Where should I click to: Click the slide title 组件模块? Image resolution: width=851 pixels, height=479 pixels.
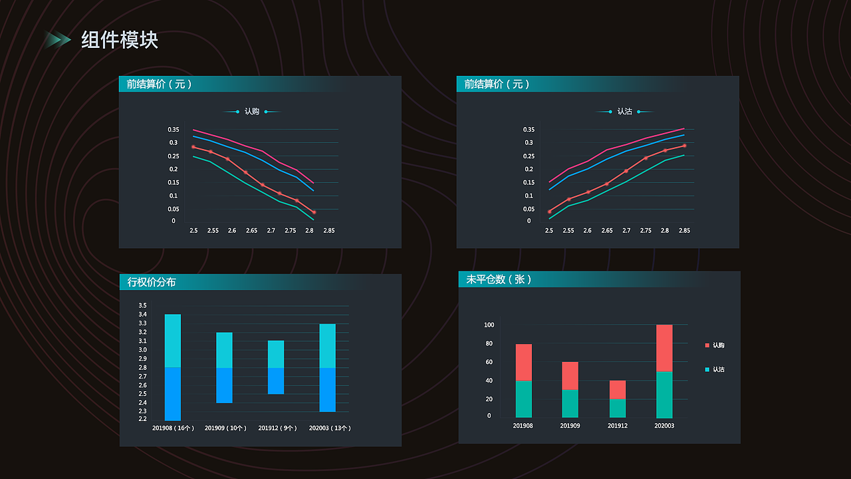pos(120,40)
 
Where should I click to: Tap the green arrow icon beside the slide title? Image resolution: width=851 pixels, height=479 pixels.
pos(58,40)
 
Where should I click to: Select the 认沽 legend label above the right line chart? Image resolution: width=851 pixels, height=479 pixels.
pos(624,112)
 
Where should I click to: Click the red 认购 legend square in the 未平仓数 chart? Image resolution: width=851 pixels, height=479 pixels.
pos(707,345)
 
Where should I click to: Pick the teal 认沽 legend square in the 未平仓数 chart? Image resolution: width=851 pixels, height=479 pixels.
pos(707,369)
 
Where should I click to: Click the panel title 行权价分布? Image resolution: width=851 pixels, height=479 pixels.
pos(152,282)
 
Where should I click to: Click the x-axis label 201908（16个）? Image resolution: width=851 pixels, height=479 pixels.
pos(173,428)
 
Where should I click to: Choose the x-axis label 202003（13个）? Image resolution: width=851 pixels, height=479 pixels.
pos(330,428)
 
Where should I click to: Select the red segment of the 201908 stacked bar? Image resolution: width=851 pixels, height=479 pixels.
pos(524,362)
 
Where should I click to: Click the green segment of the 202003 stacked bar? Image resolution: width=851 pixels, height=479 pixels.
pos(664,394)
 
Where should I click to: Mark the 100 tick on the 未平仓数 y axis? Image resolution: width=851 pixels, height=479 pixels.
pos(489,325)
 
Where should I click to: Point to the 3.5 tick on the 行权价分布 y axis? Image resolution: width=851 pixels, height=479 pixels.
pos(143,305)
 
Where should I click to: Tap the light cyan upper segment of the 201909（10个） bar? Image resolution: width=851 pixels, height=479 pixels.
pos(224,350)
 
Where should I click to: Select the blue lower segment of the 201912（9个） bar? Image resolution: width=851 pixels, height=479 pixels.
pos(276,381)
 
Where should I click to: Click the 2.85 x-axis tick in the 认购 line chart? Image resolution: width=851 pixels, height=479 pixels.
pos(328,231)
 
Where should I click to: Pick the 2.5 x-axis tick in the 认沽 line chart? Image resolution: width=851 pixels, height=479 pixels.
pos(549,231)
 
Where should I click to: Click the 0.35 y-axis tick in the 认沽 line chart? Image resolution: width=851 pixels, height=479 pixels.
pos(529,129)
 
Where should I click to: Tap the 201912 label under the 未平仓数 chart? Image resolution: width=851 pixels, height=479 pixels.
pos(618,426)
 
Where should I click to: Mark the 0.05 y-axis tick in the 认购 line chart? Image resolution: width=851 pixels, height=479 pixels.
pos(174,209)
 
